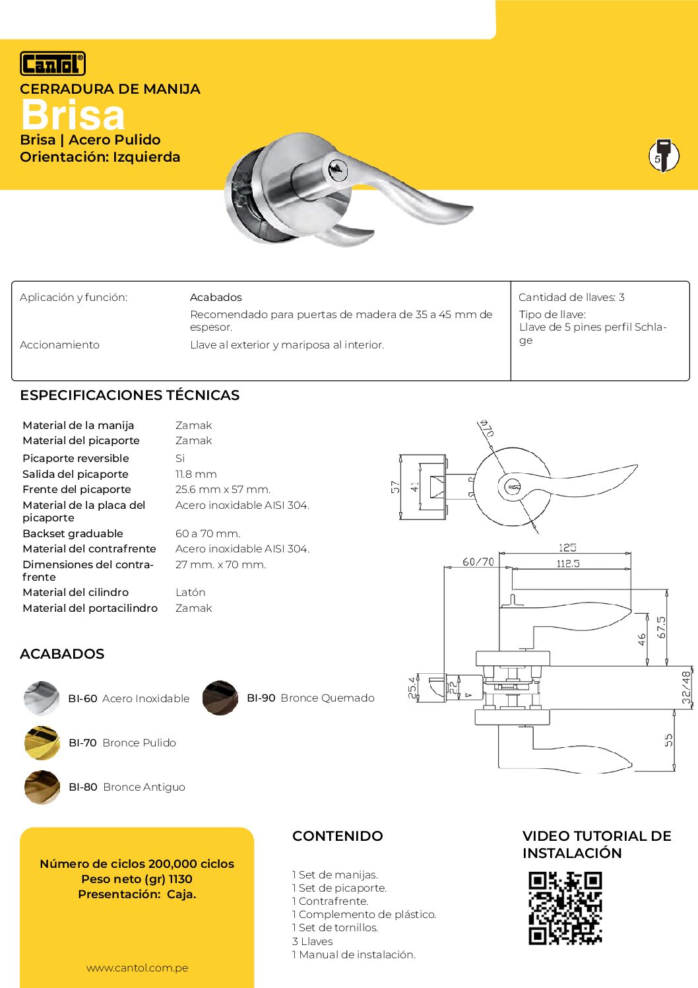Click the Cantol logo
(x=53, y=63)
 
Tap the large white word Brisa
(x=73, y=115)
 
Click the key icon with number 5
(x=663, y=156)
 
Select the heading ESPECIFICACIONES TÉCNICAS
(x=129, y=395)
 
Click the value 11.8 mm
(x=196, y=474)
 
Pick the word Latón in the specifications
(x=190, y=593)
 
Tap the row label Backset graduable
(x=73, y=533)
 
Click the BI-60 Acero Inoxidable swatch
(x=42, y=698)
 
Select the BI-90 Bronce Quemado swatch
(x=220, y=698)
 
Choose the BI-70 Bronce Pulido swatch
(x=42, y=742)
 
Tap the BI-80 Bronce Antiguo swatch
(x=42, y=787)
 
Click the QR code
(x=565, y=908)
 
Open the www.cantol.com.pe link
(x=137, y=968)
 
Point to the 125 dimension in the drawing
(x=567, y=548)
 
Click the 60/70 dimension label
(x=478, y=562)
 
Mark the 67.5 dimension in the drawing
(x=661, y=627)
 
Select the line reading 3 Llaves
(x=313, y=941)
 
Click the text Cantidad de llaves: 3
(x=571, y=298)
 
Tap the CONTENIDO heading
(x=337, y=836)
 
